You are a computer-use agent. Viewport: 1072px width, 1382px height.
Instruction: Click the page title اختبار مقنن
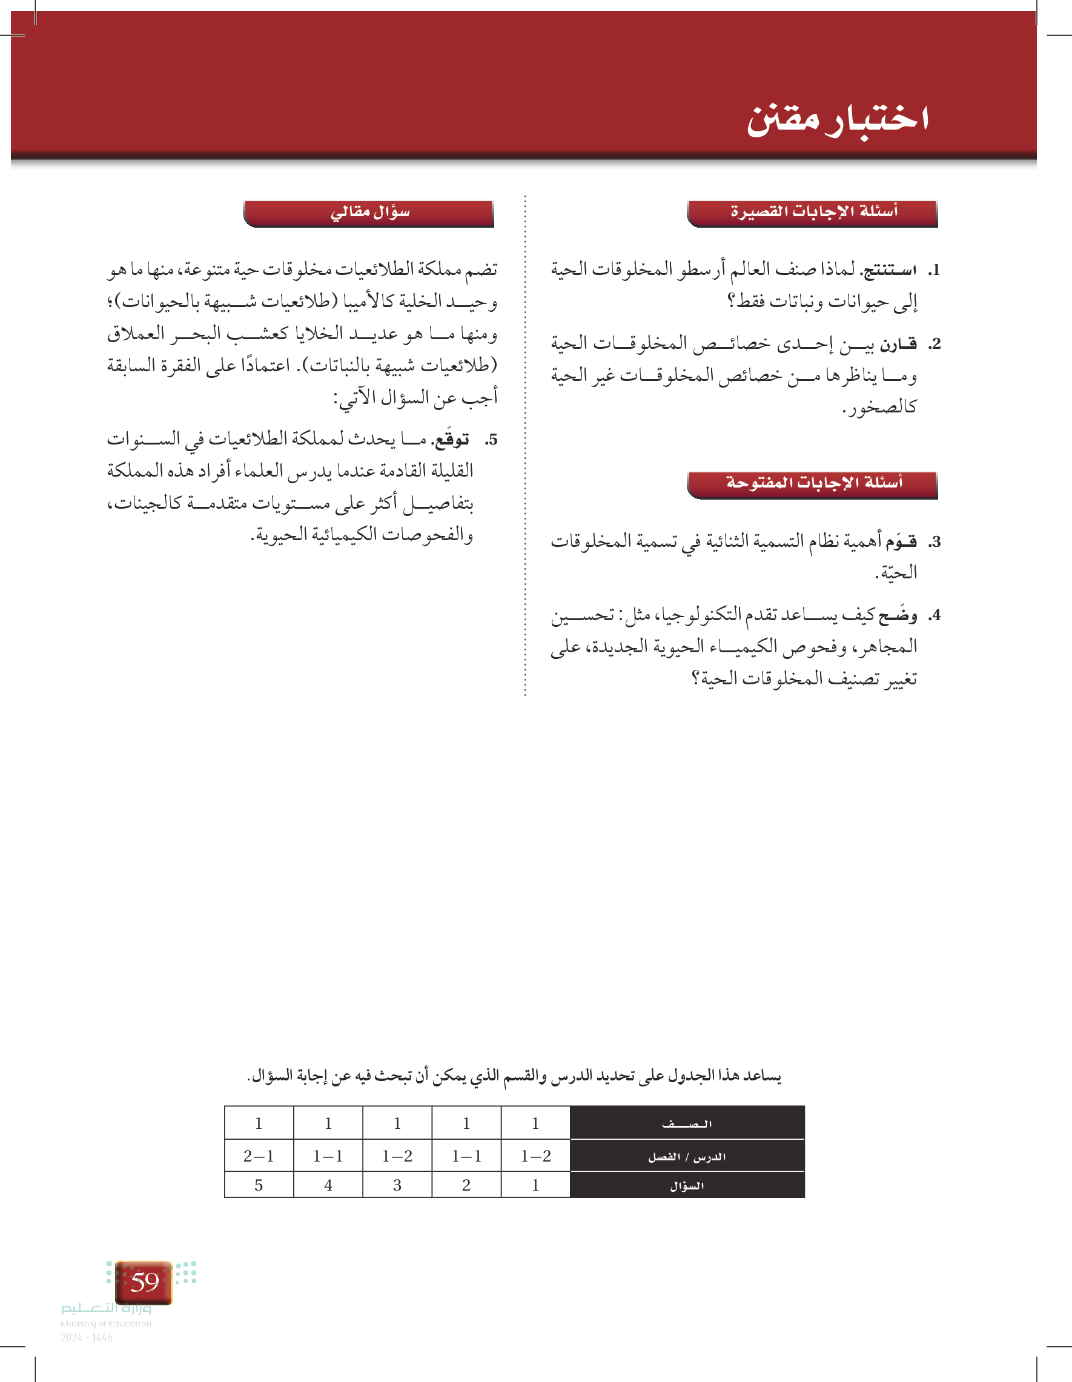click(838, 119)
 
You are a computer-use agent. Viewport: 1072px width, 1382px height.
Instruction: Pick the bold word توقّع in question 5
click(450, 440)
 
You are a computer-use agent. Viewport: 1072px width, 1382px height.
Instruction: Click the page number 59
click(144, 1283)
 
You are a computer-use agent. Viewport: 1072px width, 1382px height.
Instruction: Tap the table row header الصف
click(687, 1124)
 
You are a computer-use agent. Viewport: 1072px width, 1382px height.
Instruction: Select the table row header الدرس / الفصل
click(687, 1157)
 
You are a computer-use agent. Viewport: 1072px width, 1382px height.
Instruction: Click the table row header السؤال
click(687, 1186)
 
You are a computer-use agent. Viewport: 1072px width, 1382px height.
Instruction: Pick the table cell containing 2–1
click(259, 1157)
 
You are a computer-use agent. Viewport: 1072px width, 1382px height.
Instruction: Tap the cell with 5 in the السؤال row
click(259, 1186)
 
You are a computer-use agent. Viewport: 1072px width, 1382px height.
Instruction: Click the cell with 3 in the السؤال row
click(397, 1186)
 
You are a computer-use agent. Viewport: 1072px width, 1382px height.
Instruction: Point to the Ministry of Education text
click(105, 1324)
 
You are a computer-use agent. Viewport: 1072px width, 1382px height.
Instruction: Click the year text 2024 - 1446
click(87, 1338)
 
